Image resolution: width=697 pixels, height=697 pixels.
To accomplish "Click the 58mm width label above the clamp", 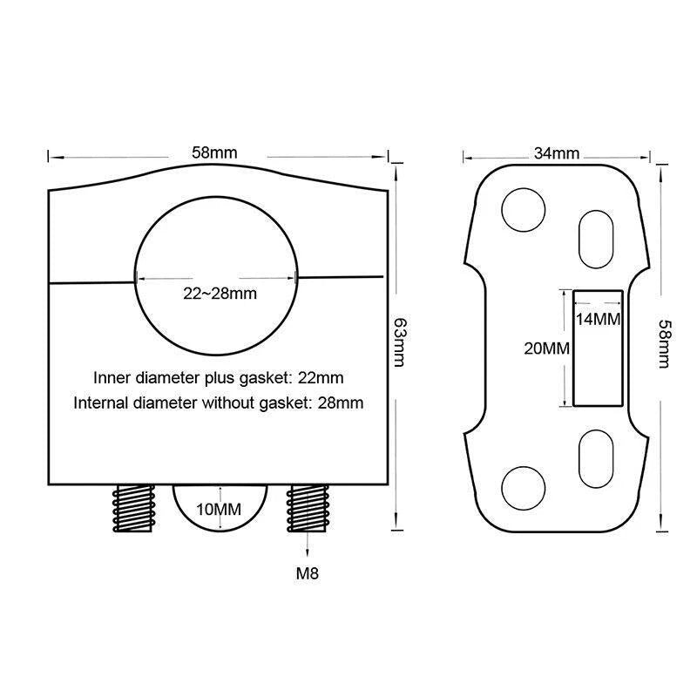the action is point(214,152).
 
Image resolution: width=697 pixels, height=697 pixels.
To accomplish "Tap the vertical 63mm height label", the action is point(399,342).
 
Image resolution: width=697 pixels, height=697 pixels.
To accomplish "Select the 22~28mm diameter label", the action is point(220,294).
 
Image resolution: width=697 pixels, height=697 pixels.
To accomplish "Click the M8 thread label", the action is point(308,573).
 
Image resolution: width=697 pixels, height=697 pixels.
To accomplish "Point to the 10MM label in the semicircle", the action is point(219,509).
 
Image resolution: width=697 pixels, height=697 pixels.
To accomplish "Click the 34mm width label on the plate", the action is point(557,153).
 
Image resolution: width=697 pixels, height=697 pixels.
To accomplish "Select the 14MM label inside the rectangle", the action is point(598,319).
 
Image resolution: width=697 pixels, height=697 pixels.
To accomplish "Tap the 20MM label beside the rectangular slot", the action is point(547,348).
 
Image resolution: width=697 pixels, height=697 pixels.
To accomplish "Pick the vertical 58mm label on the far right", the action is point(664,343).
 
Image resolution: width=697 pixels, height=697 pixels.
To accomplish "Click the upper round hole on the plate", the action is point(524,210).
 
